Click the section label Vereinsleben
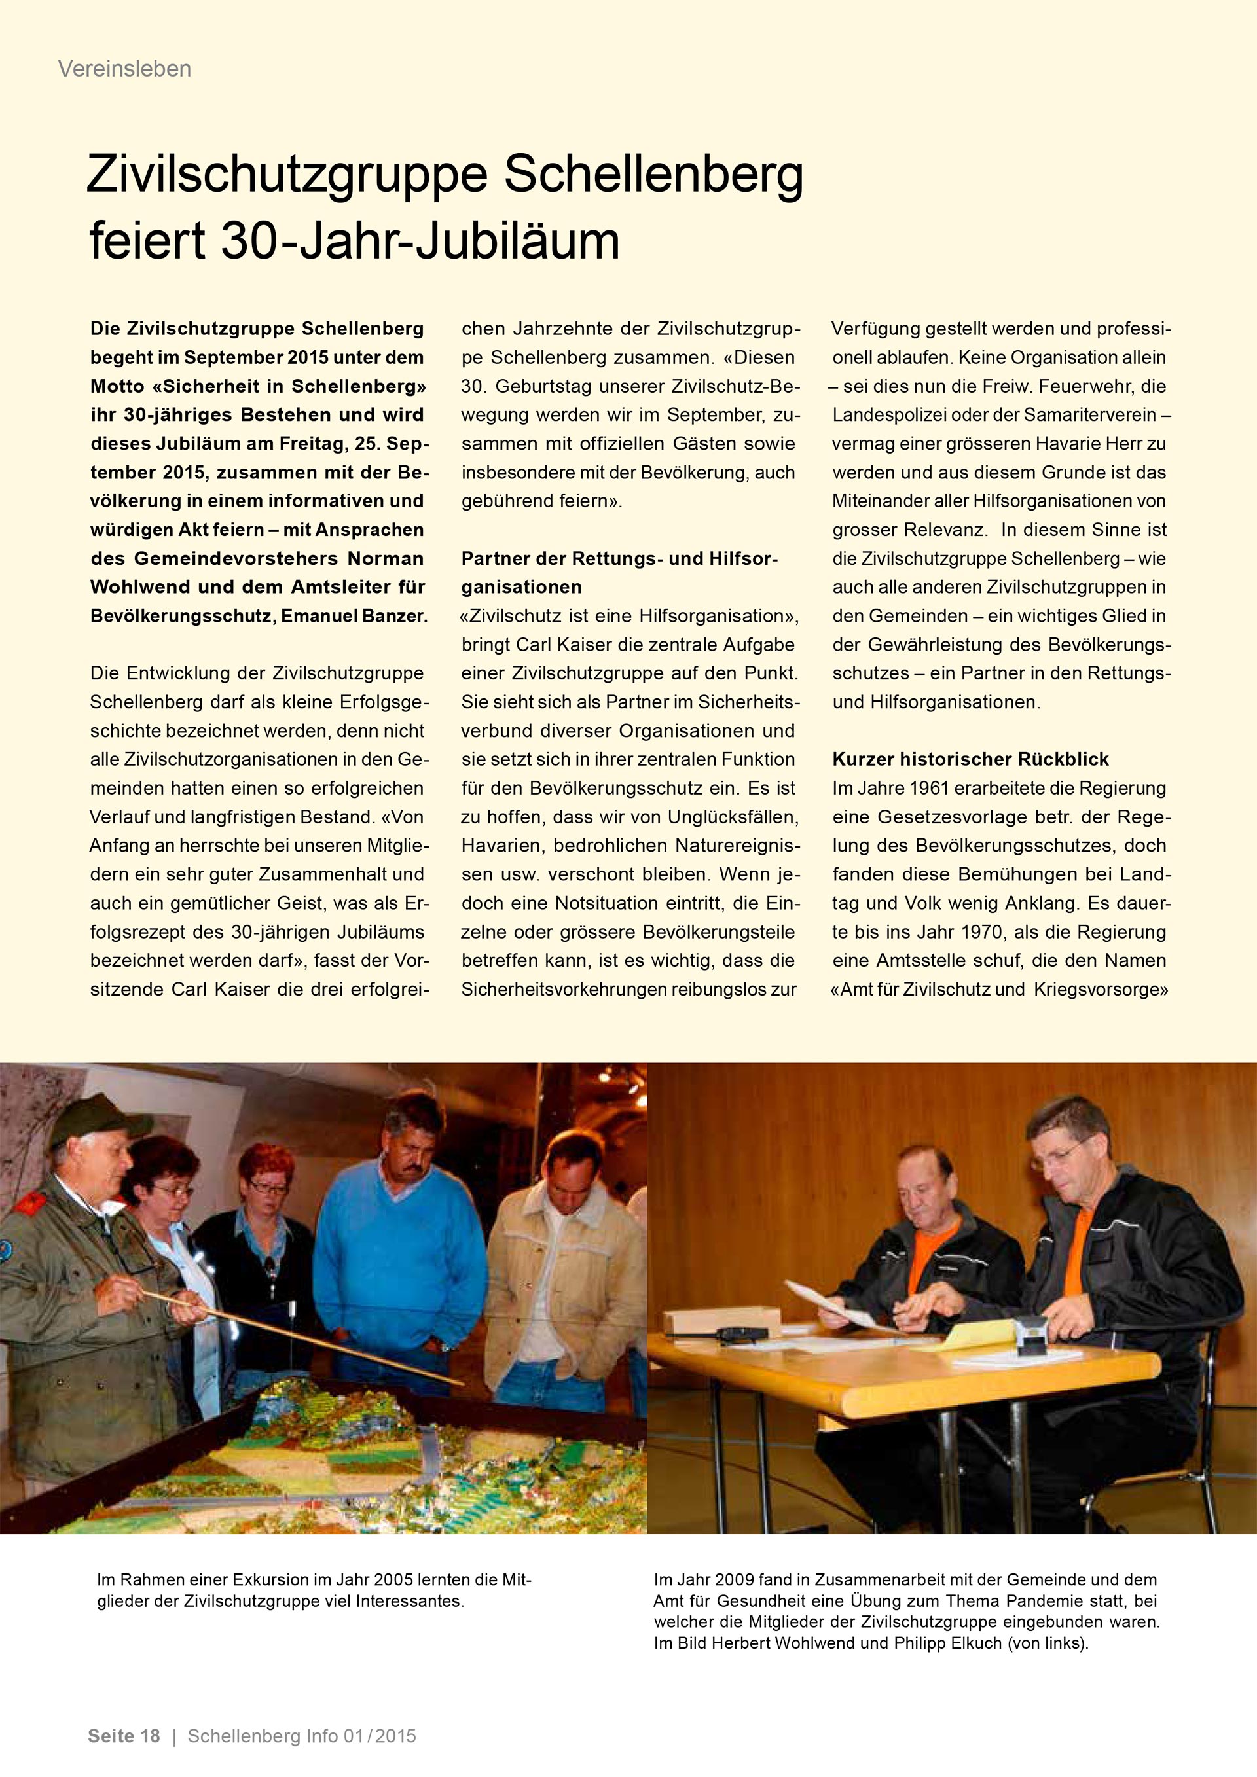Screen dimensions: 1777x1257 click(124, 69)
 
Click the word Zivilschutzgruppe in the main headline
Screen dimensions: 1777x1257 click(286, 177)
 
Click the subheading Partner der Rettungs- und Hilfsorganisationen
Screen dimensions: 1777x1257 click(619, 573)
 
